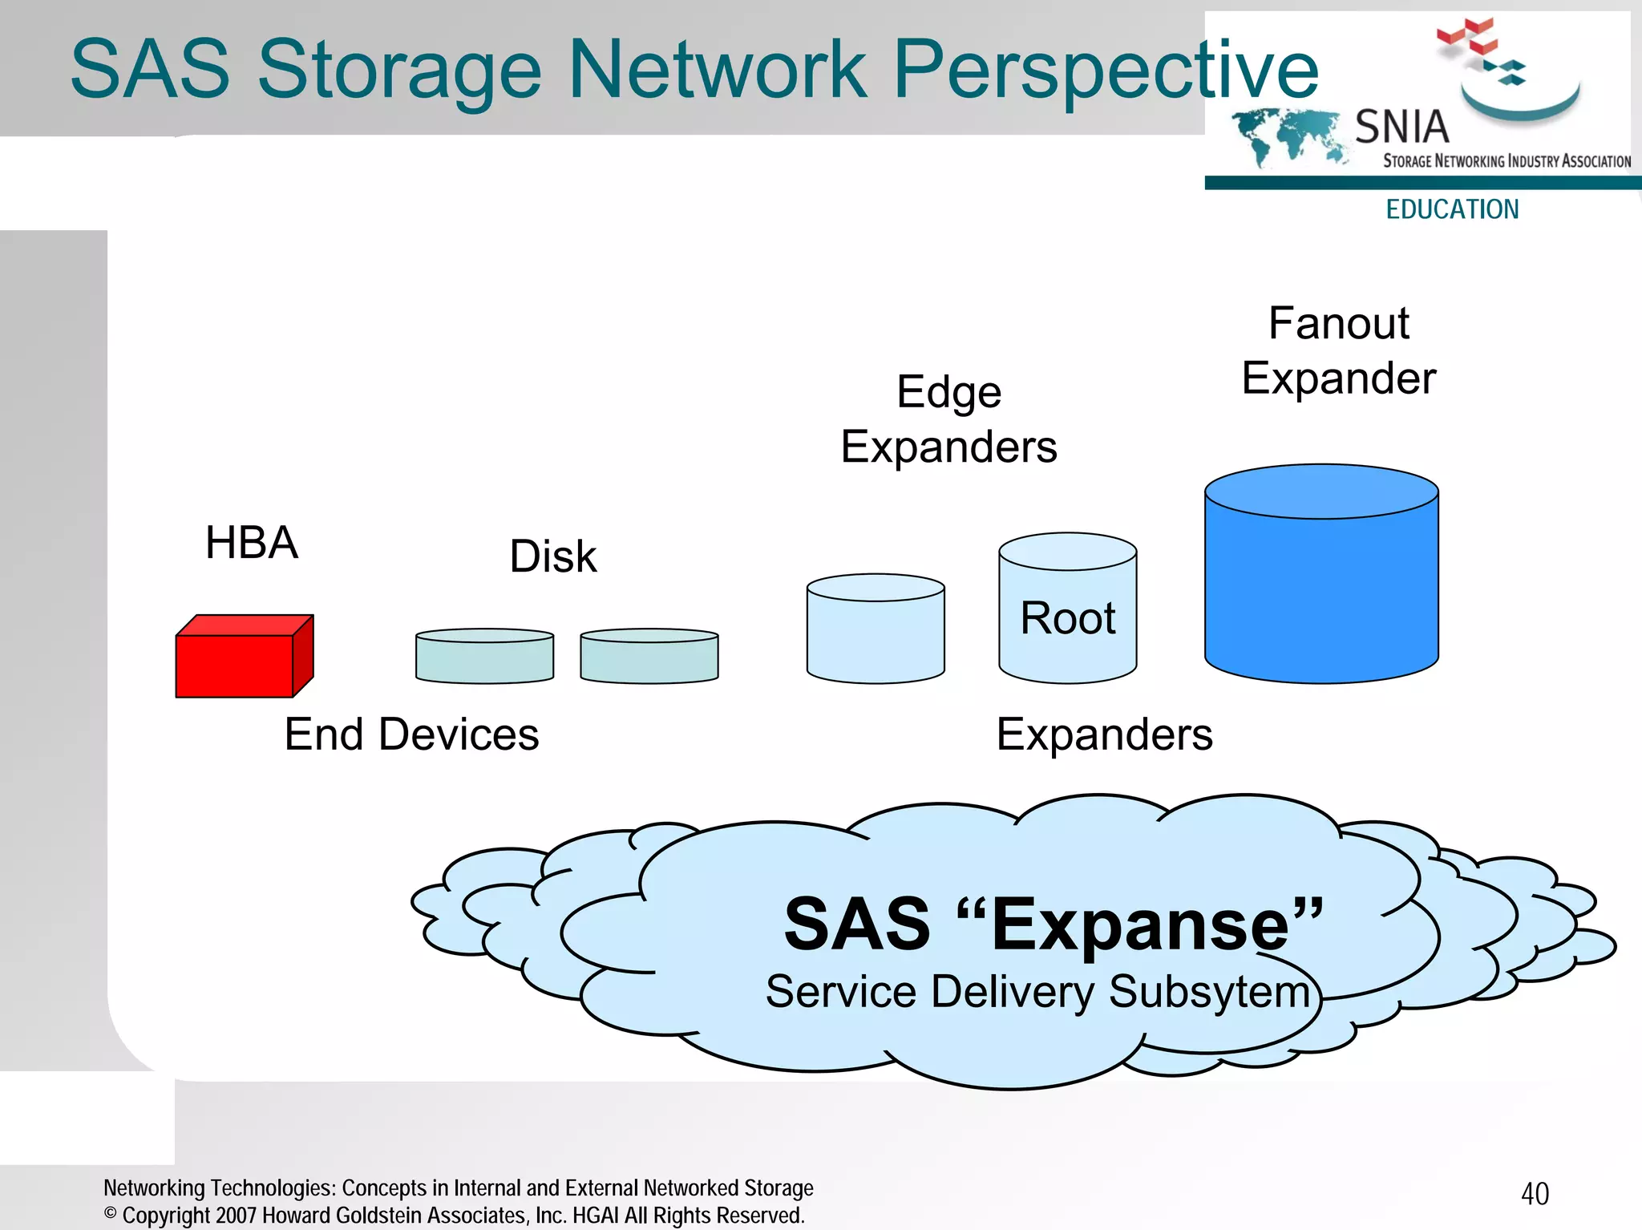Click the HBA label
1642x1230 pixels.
[251, 543]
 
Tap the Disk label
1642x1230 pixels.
[553, 556]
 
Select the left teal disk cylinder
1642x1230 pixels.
[484, 657]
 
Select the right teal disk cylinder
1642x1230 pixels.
[649, 657]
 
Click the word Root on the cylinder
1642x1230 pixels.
[1067, 618]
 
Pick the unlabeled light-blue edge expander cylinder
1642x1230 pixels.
[876, 633]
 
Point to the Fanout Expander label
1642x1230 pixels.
[1338, 350]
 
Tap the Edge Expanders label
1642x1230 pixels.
[948, 419]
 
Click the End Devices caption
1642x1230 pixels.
[411, 734]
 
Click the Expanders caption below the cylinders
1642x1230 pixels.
[1104, 734]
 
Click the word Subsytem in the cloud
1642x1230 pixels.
[1209, 992]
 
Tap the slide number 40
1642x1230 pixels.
[1535, 1194]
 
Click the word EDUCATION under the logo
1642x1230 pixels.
[1452, 209]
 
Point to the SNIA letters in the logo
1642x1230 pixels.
[1401, 127]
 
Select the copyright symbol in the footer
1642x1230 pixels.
[111, 1213]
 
